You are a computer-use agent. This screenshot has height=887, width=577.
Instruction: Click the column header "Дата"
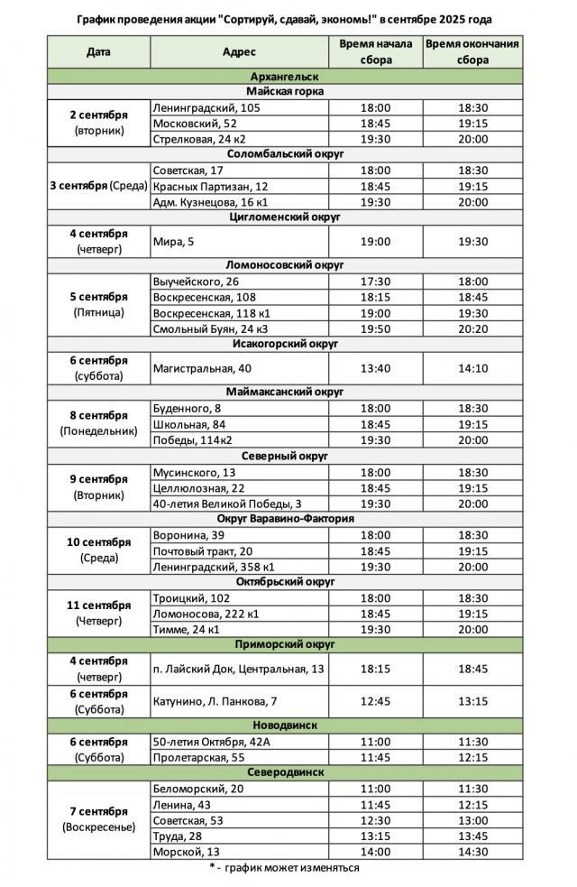click(98, 52)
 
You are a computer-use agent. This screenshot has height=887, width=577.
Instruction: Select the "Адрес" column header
click(239, 52)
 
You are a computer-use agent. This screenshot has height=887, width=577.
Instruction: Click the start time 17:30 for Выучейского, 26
click(375, 282)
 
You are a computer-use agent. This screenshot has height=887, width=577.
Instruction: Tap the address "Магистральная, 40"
click(201, 368)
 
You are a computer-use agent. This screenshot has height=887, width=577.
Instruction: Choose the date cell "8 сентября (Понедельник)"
click(98, 423)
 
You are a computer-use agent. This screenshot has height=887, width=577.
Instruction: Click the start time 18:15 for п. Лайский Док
click(375, 669)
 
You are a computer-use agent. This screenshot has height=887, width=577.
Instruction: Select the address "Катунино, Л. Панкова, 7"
click(215, 701)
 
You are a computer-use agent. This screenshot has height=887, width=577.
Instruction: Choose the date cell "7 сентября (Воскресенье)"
click(98, 819)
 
